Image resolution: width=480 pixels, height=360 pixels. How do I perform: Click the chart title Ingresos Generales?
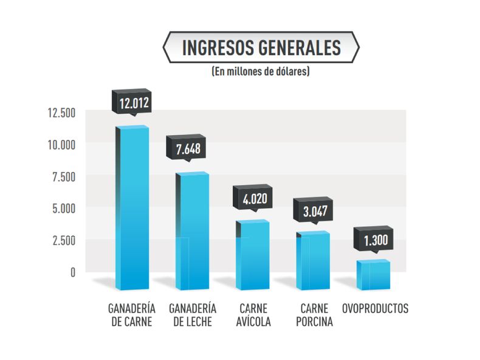point(261,47)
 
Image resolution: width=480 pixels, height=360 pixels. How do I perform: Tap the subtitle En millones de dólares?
point(261,71)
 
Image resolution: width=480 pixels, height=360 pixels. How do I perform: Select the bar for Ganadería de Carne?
point(132,207)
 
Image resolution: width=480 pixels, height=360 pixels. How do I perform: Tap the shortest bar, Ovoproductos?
point(373,274)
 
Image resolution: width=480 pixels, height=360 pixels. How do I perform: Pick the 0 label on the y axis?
point(72,272)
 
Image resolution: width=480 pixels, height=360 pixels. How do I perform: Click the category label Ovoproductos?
point(375,308)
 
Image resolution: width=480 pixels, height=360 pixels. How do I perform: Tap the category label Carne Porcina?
point(314,315)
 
